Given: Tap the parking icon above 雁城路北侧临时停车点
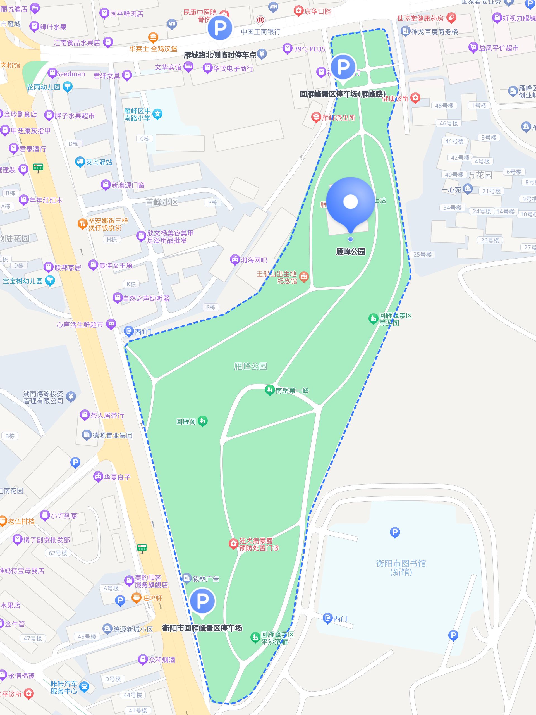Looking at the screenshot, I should (220, 28).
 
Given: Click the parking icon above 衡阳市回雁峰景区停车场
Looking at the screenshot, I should (203, 600).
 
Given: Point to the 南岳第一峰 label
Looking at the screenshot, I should (292, 390).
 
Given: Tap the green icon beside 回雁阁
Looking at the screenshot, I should (203, 421).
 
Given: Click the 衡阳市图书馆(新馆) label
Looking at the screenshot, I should (401, 568).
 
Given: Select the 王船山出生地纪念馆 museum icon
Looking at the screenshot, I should (304, 277).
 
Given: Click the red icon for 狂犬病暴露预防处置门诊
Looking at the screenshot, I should (233, 544).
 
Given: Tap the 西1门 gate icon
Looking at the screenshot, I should (129, 331).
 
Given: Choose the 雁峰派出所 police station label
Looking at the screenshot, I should (338, 118).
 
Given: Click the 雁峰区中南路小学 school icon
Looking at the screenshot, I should (158, 114).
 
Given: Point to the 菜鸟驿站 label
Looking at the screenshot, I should (99, 162).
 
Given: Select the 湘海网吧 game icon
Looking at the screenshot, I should (234, 259).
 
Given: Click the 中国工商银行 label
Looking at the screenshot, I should (260, 32).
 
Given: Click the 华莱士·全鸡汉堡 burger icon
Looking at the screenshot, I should (153, 38).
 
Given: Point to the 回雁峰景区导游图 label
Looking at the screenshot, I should (396, 319).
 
